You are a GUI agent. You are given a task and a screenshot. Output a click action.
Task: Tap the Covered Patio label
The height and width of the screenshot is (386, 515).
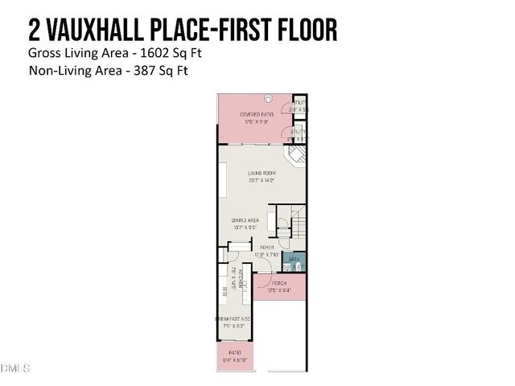click(x=257, y=115)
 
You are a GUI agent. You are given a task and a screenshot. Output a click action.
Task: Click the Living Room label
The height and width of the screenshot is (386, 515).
click(x=262, y=173)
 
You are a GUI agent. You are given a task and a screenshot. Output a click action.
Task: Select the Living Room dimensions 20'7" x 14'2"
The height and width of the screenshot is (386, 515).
click(x=262, y=180)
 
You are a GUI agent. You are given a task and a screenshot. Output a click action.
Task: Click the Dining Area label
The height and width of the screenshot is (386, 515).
click(x=245, y=220)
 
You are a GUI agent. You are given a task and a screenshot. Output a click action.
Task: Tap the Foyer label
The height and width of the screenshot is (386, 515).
click(x=266, y=247)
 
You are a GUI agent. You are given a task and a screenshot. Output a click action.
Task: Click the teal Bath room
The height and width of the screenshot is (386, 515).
click(x=295, y=261)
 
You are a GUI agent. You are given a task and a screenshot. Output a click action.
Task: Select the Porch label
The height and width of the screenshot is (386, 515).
click(x=278, y=283)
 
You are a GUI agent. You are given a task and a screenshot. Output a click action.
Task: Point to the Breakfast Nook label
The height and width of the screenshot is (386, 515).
click(x=233, y=319)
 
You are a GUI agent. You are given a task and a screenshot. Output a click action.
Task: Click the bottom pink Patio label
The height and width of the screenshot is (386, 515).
click(x=235, y=352)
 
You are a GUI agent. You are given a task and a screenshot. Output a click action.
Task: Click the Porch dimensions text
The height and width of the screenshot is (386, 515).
click(x=278, y=290)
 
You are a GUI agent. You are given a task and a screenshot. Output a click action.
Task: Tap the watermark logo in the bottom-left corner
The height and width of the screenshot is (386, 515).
click(x=15, y=369)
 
